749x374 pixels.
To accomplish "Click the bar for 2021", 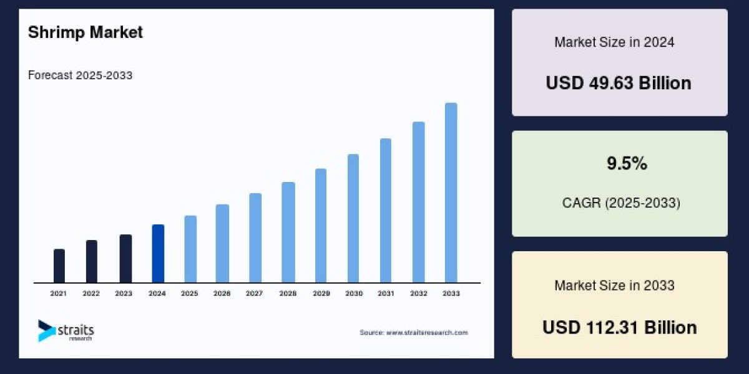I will click(x=59, y=266).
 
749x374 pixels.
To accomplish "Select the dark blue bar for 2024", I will click(x=158, y=254).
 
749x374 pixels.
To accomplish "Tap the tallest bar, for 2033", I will click(x=451, y=193).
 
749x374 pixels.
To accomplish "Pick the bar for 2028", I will click(x=288, y=233).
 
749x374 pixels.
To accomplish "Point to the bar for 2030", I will click(x=353, y=218).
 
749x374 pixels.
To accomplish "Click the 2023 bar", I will click(x=125, y=259).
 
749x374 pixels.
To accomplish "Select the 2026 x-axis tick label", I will click(x=222, y=293).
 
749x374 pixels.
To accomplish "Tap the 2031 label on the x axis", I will click(x=386, y=293).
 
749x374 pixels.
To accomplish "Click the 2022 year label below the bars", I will click(x=91, y=293).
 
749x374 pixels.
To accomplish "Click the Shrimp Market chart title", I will click(x=86, y=32).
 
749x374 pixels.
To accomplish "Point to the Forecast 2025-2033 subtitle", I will click(x=80, y=75).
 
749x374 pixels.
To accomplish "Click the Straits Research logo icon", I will click(x=46, y=330).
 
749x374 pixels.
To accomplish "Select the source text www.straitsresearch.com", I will click(x=413, y=333).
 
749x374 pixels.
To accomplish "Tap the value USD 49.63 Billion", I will click(x=619, y=83).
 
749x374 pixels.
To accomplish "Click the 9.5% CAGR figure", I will click(x=627, y=164).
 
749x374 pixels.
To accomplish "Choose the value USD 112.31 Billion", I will click(x=619, y=327).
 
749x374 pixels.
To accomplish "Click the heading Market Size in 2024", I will click(x=614, y=42).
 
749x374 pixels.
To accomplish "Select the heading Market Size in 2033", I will click(x=614, y=285).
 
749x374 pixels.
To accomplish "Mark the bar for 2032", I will click(x=418, y=202).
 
